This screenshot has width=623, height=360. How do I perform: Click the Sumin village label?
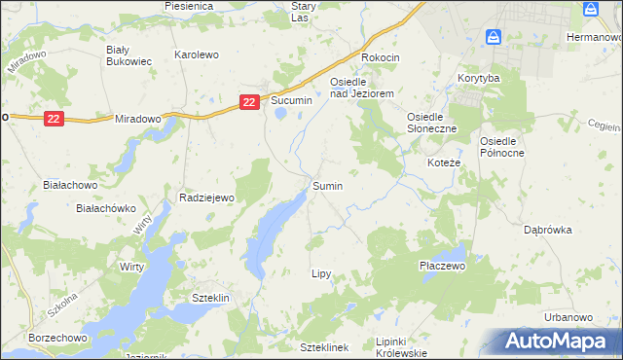(x=327, y=185)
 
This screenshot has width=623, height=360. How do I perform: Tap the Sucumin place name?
(x=291, y=101)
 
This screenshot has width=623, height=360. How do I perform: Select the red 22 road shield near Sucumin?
(x=250, y=101)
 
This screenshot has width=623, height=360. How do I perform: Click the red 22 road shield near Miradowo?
(x=54, y=118)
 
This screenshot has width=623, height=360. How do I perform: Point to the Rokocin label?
(x=381, y=57)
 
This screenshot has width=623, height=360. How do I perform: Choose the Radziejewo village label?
(x=207, y=198)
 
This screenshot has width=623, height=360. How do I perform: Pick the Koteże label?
(x=444, y=162)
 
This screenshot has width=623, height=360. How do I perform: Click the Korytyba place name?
(x=478, y=77)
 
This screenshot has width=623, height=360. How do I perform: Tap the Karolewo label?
(x=196, y=55)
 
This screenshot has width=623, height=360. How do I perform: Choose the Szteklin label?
(x=209, y=298)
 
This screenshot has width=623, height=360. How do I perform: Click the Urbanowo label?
(x=568, y=317)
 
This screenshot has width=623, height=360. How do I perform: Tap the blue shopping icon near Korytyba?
(x=494, y=37)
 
